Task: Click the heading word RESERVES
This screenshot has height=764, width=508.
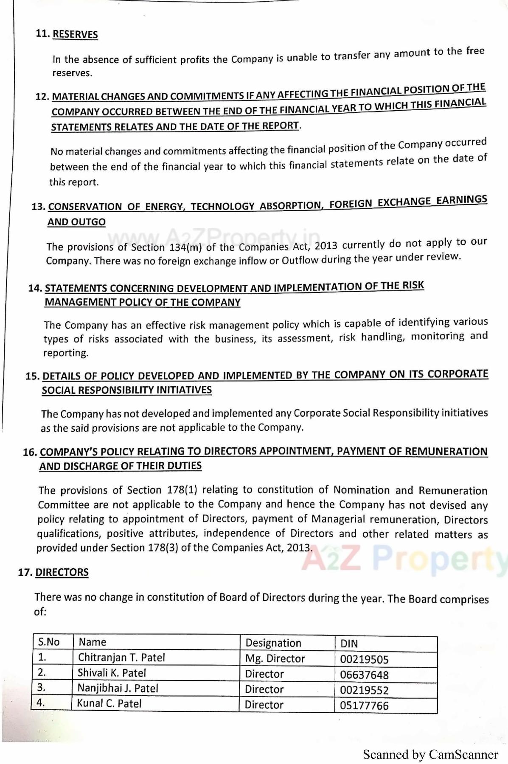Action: pos(75,34)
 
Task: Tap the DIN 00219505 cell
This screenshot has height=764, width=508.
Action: pos(364,659)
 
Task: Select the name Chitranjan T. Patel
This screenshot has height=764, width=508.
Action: pos(121,657)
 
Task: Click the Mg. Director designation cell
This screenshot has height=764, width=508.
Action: pos(275,658)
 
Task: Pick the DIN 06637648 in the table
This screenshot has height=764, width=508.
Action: pos(364,675)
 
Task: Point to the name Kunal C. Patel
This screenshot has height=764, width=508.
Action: pos(109,703)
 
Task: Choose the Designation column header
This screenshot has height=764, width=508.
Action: pos(273,643)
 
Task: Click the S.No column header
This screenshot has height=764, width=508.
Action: pos(49,641)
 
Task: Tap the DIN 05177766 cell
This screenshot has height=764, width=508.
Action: pos(364,705)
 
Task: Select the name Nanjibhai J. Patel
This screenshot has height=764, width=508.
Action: pos(118,688)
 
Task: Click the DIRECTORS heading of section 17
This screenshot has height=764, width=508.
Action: pos(62,572)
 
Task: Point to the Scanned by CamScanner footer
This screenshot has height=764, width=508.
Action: pos(430,754)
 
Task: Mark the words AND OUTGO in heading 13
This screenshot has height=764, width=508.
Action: pos(76,222)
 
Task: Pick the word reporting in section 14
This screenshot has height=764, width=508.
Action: pos(65,353)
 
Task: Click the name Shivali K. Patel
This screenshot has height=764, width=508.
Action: pos(112,673)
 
